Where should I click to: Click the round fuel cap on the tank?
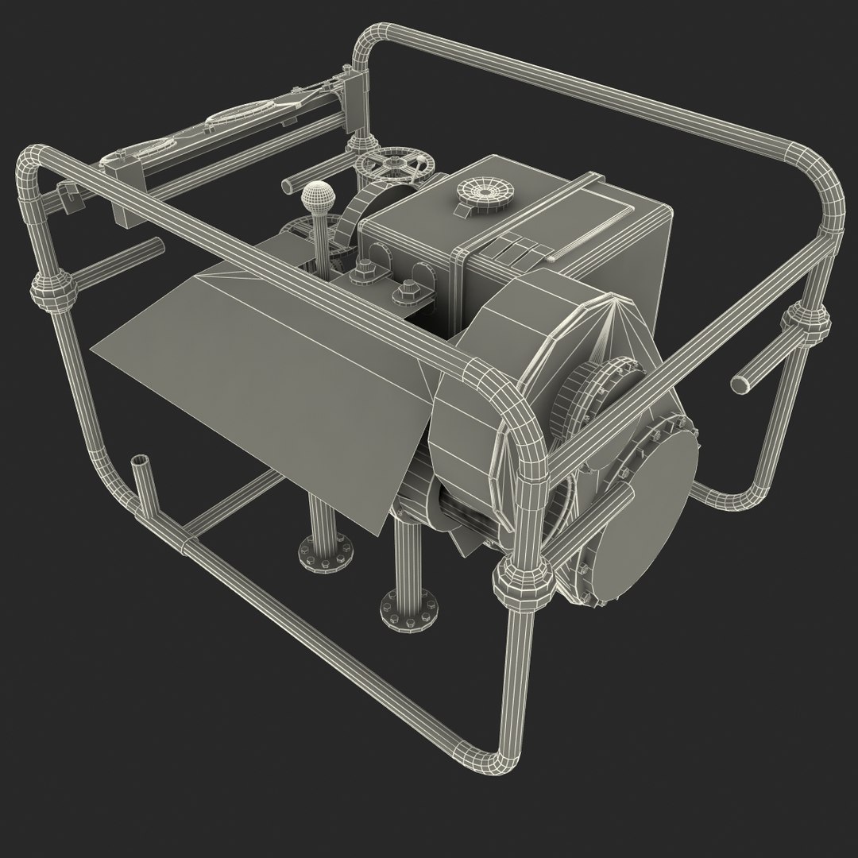pos(485,191)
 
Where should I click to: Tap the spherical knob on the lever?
pos(317,195)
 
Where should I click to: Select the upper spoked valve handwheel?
pos(395,168)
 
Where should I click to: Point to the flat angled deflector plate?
pos(262,373)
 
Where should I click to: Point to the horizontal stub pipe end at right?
pos(740,384)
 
